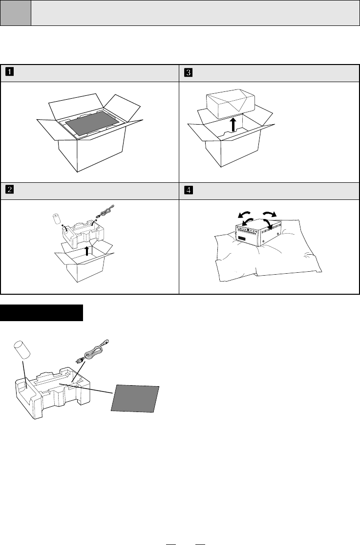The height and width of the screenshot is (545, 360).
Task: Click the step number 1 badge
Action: pos(10,72)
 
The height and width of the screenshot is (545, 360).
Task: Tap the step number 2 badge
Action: pos(10,190)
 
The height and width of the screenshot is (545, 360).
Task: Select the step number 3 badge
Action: pos(189,72)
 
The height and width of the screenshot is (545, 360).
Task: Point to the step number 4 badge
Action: pos(189,190)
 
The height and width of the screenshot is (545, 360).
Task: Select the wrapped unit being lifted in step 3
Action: pos(231,104)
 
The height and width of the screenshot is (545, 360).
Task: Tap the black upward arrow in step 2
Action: pos(87,251)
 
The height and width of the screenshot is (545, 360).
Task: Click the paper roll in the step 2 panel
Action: pos(57,219)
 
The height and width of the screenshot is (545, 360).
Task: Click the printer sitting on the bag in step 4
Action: pos(258,233)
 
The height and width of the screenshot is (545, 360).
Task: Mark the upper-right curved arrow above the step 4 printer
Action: pos(269,213)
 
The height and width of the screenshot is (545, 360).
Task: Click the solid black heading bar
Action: pos(42,313)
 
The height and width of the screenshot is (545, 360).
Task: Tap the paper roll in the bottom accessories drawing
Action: pos(21,349)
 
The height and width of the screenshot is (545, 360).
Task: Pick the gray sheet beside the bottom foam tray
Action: pos(135,399)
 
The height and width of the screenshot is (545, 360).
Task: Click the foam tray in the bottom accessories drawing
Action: pos(52,393)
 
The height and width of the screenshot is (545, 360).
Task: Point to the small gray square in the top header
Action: pos(15,13)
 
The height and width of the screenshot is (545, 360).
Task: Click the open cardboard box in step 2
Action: pos(85,262)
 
